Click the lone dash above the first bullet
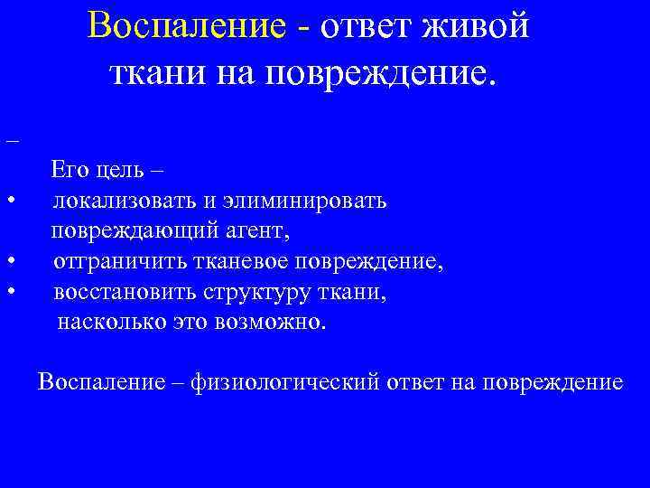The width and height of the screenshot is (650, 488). tap(11, 143)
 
